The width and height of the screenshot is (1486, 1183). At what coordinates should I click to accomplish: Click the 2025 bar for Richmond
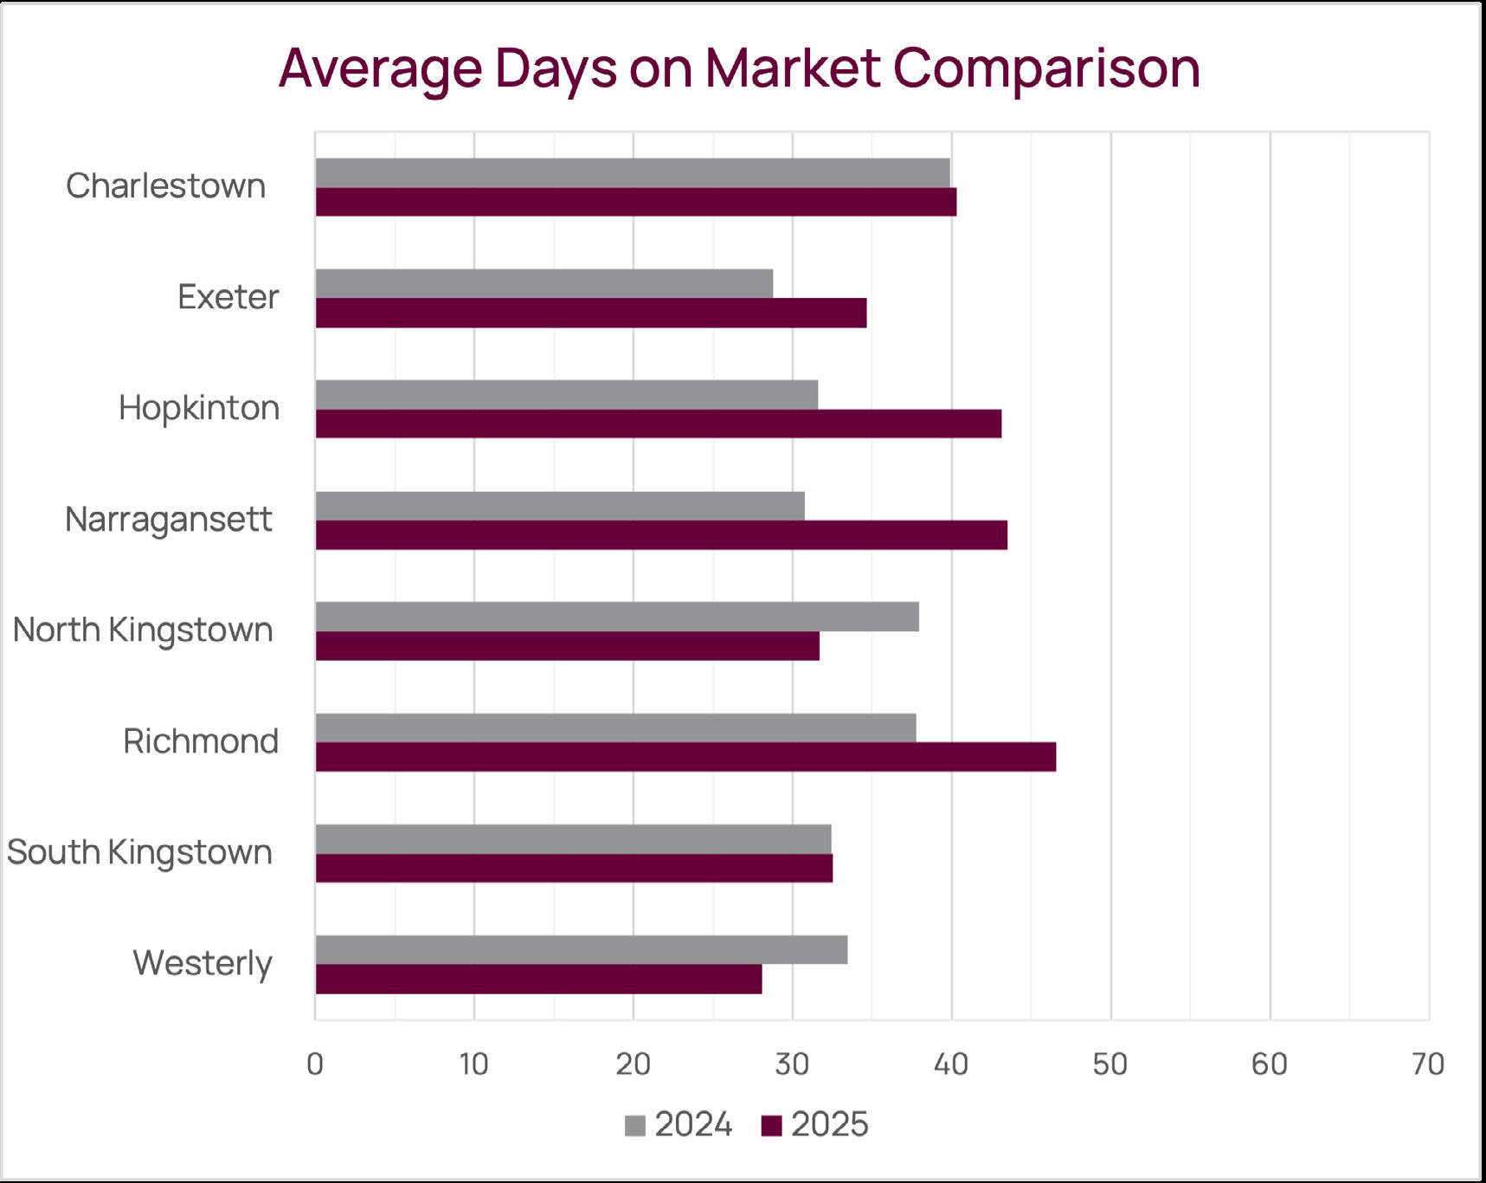pos(685,757)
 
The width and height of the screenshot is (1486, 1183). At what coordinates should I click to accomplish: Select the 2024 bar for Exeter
pos(544,284)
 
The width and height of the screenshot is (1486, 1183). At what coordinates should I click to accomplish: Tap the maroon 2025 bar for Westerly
pos(538,979)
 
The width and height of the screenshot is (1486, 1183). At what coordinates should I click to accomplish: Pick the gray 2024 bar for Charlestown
pos(633,173)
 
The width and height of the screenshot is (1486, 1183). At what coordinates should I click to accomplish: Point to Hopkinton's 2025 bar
pos(659,423)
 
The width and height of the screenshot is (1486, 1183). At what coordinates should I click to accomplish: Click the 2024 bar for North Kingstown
pos(617,617)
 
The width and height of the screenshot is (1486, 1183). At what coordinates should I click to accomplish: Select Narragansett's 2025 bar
pos(661,535)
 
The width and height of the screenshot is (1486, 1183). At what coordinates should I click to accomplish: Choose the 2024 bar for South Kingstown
pos(573,839)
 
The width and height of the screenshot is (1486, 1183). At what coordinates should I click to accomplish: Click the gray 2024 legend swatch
pos(635,1126)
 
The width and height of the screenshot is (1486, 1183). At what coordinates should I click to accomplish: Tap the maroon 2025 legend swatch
pos(771,1126)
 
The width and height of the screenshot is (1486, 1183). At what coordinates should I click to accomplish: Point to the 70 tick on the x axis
pos(1427,1064)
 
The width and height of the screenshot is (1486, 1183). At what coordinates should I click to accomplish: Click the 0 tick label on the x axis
pos(315,1064)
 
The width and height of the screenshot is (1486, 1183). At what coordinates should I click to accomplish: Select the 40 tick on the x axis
pos(951,1064)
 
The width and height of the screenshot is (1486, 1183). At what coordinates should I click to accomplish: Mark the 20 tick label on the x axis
pos(633,1064)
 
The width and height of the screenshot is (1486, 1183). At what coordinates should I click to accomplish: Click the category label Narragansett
pos(169,520)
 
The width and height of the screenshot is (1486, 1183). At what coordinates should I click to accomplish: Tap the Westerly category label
pos(203,963)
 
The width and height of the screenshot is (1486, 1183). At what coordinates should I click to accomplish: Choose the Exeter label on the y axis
pos(228,297)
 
